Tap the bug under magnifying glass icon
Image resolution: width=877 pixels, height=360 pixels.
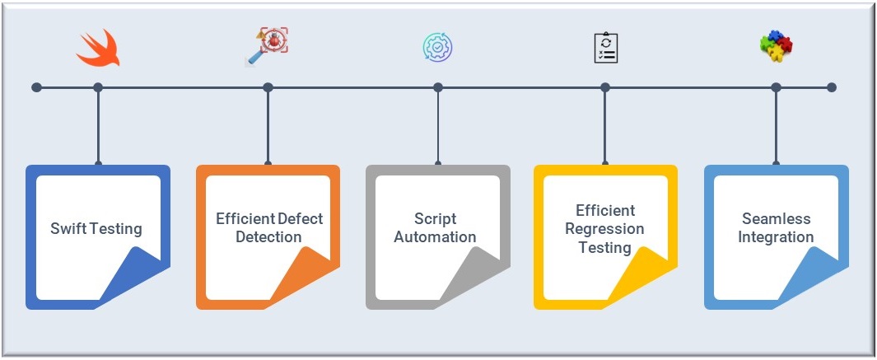click(267, 46)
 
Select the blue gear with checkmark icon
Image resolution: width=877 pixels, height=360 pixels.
click(437, 48)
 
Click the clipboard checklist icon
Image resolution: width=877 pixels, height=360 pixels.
click(605, 48)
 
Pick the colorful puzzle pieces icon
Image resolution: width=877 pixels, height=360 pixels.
click(775, 48)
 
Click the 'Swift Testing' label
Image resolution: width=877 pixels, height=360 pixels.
click(96, 228)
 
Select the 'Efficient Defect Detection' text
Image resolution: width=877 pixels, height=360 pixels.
click(269, 227)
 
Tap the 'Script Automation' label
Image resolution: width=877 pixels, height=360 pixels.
click(435, 227)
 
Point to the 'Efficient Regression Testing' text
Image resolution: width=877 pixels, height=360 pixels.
click(604, 228)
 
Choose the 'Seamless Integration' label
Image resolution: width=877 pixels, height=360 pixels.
click(775, 227)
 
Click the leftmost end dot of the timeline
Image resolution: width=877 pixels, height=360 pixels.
click(36, 87)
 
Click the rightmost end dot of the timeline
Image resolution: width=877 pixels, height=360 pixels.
click(832, 87)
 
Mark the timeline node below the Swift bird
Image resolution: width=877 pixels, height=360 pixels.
click(98, 87)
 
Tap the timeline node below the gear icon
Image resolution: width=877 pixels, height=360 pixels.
click(437, 87)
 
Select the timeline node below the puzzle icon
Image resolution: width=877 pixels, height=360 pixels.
click(776, 87)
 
